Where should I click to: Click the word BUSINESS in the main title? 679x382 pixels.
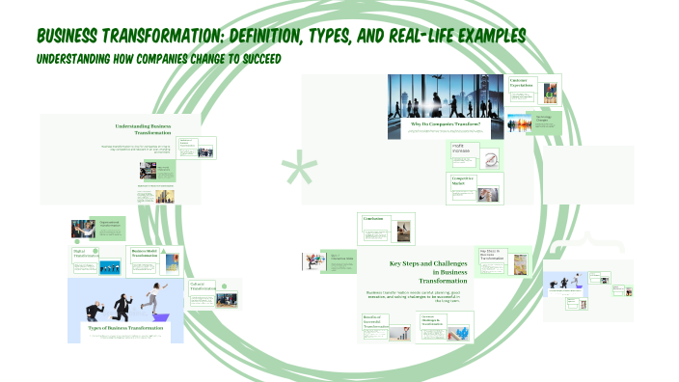[x=76, y=36]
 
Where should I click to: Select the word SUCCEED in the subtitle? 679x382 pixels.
[x=252, y=59]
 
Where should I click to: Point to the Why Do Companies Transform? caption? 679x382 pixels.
[x=445, y=124]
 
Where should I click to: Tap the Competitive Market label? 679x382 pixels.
[x=465, y=180]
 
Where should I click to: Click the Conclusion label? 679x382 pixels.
[x=373, y=219]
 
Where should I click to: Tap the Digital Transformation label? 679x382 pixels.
[x=86, y=254]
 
